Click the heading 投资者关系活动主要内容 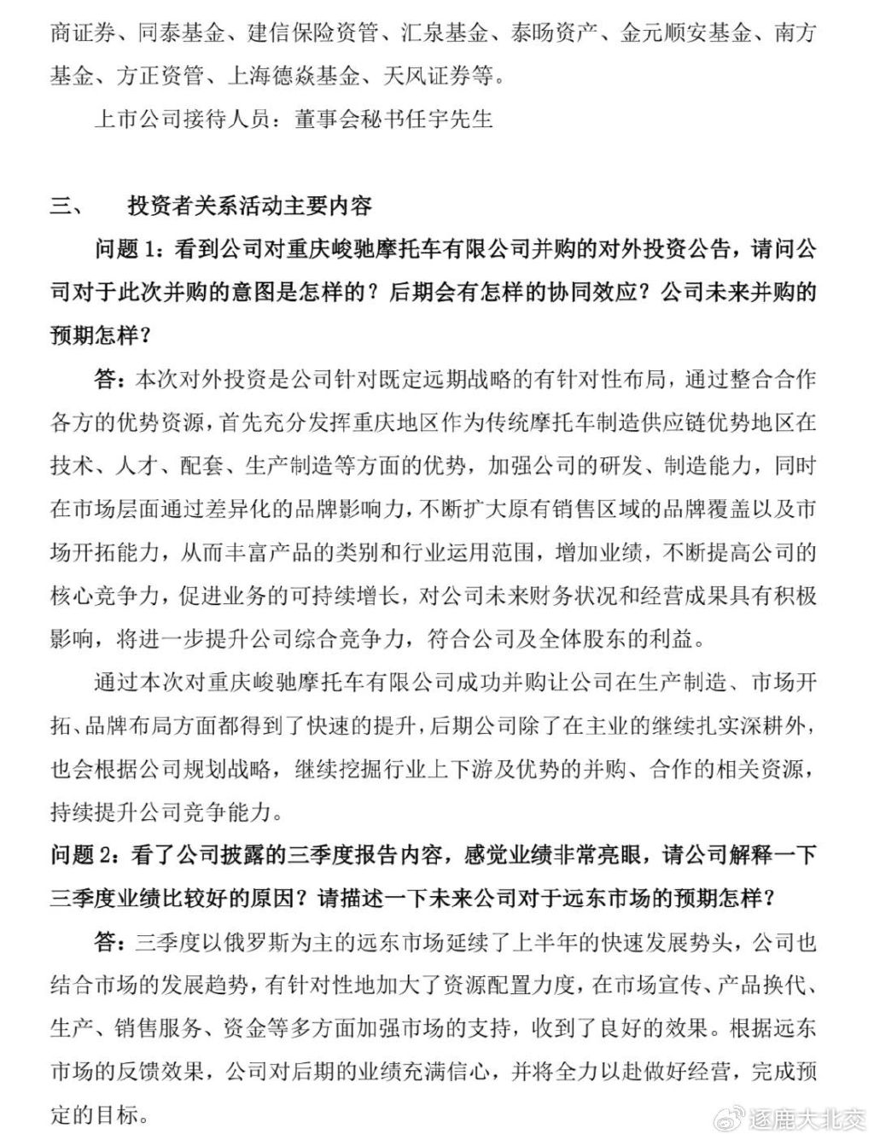tap(249, 207)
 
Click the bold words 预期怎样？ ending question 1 tap(99, 336)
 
